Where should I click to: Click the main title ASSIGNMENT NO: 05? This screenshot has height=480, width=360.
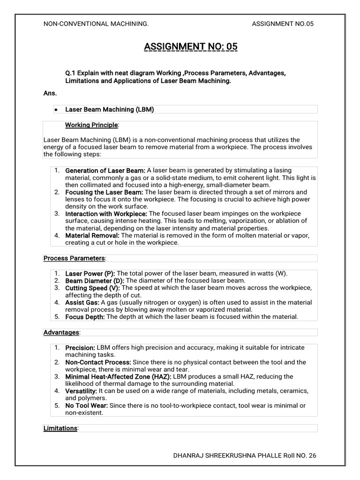(191, 46)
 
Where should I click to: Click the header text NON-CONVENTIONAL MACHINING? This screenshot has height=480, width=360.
(96, 24)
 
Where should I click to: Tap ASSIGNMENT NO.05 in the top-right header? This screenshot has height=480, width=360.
(282, 24)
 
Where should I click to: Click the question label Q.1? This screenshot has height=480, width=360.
(70, 74)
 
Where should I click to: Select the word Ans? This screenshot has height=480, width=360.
(50, 93)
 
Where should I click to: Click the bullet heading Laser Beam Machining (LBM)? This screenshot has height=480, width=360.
(109, 109)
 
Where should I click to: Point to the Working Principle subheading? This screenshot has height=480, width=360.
(91, 125)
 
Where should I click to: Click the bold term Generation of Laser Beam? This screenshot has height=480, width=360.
(105, 170)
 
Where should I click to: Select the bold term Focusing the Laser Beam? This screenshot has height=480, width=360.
(104, 192)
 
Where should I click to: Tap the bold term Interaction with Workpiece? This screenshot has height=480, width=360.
(106, 214)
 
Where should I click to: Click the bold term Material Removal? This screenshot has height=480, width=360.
(92, 235)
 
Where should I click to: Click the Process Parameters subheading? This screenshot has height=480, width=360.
(74, 258)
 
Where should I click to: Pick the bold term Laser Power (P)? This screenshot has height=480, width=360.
(90, 273)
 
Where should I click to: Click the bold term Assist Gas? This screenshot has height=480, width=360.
(82, 302)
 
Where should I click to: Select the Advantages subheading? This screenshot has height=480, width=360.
(61, 332)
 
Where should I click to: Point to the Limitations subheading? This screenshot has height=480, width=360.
(60, 428)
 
